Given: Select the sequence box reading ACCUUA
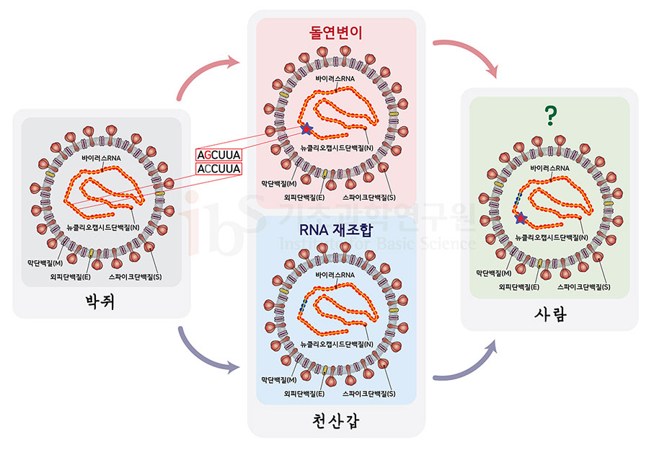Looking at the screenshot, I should [218, 169].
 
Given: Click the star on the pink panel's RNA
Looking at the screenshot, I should [308, 128].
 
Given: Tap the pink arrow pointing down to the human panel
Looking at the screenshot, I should [469, 54].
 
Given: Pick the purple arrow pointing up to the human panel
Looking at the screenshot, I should [469, 364].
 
